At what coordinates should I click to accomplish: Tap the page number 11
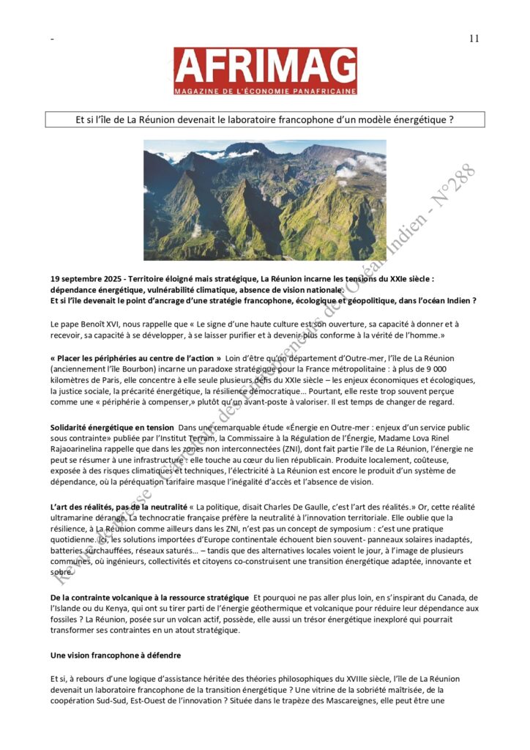tap(474, 39)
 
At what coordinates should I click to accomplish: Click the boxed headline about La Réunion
tap(264, 119)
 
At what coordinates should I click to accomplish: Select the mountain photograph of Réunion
tap(264, 200)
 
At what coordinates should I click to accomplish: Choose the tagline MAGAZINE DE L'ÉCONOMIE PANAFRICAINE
tap(265, 90)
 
